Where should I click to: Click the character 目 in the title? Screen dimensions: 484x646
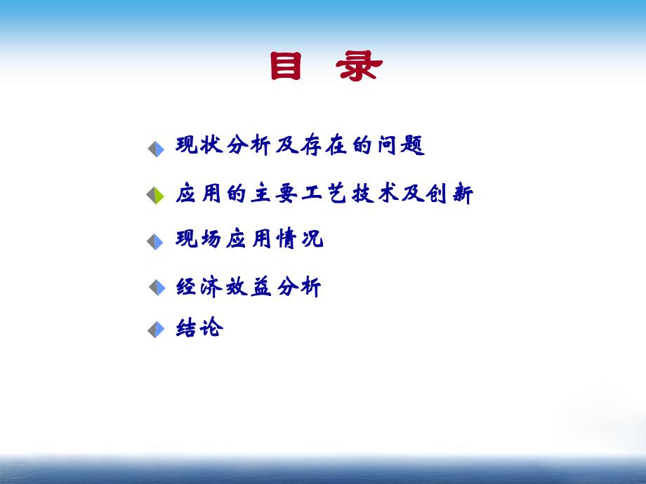[286, 67]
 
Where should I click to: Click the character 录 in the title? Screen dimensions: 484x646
[359, 67]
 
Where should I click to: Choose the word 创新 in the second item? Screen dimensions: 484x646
[449, 194]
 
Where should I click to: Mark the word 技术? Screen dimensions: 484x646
[375, 194]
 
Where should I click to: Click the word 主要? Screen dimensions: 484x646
[275, 194]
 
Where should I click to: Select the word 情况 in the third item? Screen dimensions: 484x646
[300, 239]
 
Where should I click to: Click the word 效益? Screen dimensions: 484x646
[249, 287]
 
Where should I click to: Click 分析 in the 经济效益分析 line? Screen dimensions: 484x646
[299, 287]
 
